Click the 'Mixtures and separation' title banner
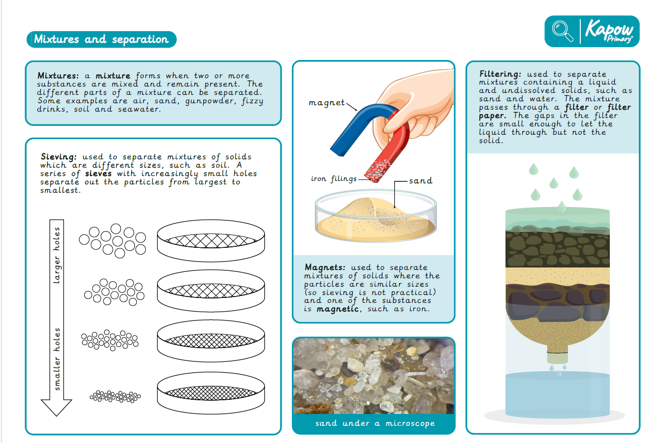click(x=101, y=39)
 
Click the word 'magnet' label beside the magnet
click(x=326, y=103)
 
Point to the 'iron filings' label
click(x=334, y=178)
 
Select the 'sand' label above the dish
click(x=420, y=180)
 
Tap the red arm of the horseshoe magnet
click(x=389, y=148)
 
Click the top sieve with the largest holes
click(x=211, y=240)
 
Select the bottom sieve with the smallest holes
click(x=211, y=393)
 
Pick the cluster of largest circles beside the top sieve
click(x=113, y=240)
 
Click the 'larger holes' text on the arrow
click(x=57, y=255)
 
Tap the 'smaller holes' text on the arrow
click(x=57, y=359)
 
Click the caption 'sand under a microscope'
click(x=375, y=423)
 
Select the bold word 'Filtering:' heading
click(x=500, y=74)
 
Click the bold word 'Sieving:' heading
click(x=59, y=156)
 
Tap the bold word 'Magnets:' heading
click(x=325, y=267)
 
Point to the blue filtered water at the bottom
click(x=558, y=394)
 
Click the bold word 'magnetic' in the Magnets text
click(x=338, y=309)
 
